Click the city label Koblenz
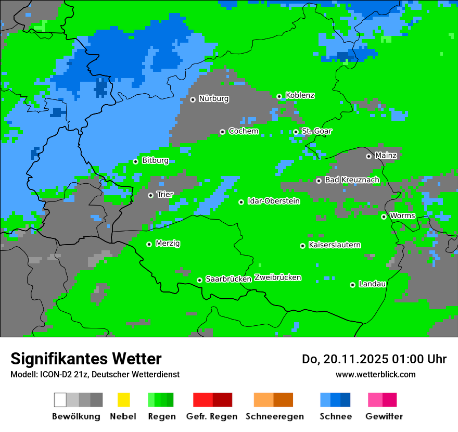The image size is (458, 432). point(300,96)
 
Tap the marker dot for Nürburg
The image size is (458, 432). point(193,99)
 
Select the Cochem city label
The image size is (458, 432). point(243,131)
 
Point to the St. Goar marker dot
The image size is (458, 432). point(296,132)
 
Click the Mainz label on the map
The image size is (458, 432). point(386,156)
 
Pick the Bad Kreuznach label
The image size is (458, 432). point(352,180)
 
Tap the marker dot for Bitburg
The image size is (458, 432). point(135,161)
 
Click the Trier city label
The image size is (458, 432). point(165,195)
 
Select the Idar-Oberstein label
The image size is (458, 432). point(273,201)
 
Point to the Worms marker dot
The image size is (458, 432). point(384,217)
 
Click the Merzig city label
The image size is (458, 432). point(168,244)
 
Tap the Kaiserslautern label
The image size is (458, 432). point(334,245)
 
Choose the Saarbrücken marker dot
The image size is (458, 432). point(199,280)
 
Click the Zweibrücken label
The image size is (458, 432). point(277,278)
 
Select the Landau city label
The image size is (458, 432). point(372,284)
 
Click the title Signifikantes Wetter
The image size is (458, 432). point(86,359)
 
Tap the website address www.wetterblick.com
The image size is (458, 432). point(375,375)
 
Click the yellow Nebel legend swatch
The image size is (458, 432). point(123,400)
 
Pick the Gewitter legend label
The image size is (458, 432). point(384,416)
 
